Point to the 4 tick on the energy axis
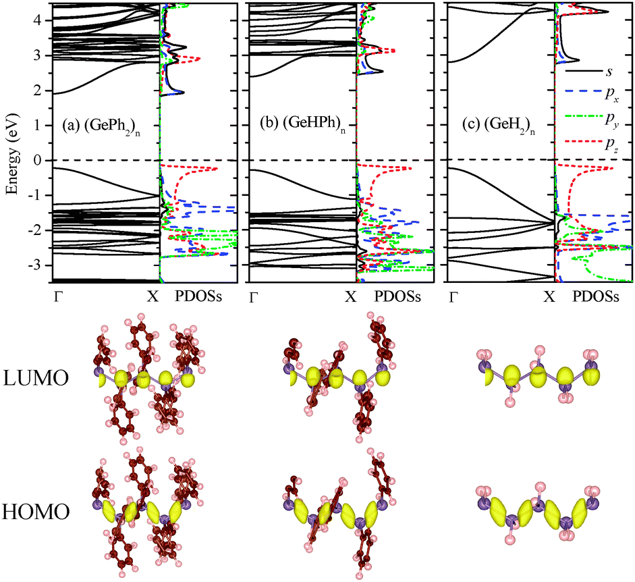(x=37, y=20)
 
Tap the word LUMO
(x=37, y=379)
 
